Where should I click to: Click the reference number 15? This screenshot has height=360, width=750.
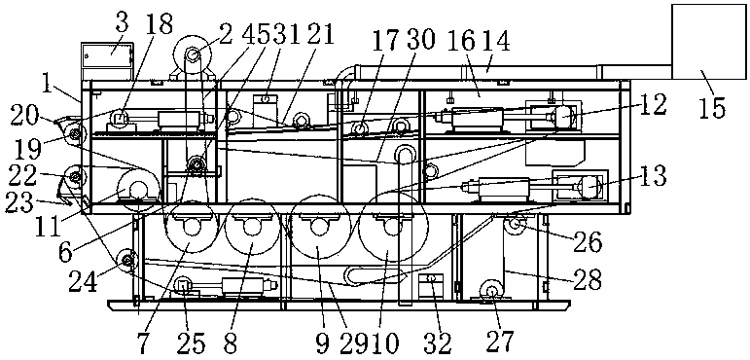[x=713, y=108]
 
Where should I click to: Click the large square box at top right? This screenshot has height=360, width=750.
[x=709, y=42]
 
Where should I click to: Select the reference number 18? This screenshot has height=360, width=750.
[x=161, y=23]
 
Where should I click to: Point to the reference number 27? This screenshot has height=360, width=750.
[x=499, y=342]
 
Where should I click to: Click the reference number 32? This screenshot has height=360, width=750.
[x=439, y=342]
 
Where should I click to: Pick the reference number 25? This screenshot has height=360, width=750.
[x=193, y=342]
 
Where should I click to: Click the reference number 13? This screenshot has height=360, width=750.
[x=653, y=176]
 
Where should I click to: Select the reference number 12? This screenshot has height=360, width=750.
[x=653, y=105]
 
